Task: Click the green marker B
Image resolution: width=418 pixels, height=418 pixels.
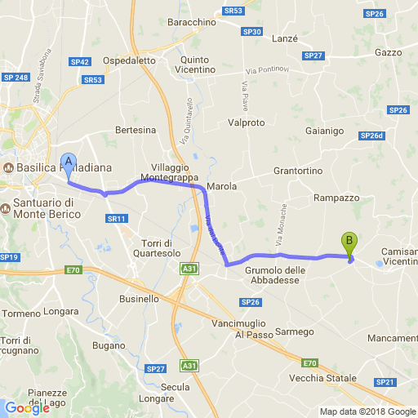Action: (349, 242)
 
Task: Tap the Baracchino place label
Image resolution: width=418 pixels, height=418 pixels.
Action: (191, 23)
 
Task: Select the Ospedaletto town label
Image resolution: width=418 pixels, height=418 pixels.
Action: (129, 60)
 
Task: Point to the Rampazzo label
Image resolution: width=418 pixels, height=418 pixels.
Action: (336, 198)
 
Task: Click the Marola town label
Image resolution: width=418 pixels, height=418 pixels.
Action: (221, 187)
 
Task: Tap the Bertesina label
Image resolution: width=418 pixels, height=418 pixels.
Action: (136, 130)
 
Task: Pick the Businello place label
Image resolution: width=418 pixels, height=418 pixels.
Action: (138, 299)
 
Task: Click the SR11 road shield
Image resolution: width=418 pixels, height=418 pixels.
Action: (117, 219)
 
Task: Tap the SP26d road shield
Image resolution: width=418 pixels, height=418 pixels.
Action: (371, 136)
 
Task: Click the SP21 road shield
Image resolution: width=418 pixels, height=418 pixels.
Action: (385, 382)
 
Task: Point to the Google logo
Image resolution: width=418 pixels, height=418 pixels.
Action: (27, 407)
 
